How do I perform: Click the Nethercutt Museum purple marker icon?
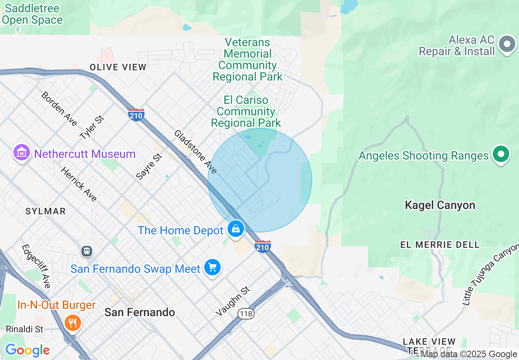(22, 153)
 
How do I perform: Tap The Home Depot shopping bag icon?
(236, 229)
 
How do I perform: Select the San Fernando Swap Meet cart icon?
(212, 268)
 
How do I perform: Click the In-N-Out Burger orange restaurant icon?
(73, 323)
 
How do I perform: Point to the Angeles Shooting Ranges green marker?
(501, 155)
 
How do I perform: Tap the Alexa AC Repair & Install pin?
(508, 44)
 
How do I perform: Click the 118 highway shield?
(246, 314)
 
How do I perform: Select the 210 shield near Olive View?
(136, 115)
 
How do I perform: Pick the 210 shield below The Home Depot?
(262, 247)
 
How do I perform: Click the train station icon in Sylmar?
(86, 251)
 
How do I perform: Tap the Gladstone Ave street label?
(195, 151)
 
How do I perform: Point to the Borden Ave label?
(59, 109)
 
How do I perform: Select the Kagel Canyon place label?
(440, 205)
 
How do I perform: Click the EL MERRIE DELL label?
(440, 245)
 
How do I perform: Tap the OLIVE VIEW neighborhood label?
(118, 67)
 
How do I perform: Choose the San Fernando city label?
(140, 312)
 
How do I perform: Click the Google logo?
(27, 350)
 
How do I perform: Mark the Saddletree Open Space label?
(32, 14)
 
